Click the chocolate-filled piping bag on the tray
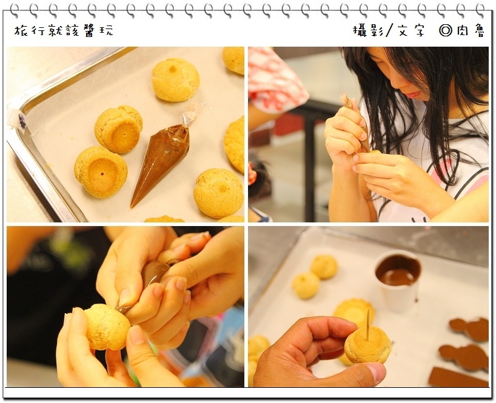161,161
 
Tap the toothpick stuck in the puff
368,324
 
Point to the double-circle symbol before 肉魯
446,31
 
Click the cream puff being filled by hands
107,327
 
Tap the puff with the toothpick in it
368,345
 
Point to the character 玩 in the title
107,31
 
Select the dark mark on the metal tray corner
22,121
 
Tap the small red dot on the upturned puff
102,173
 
